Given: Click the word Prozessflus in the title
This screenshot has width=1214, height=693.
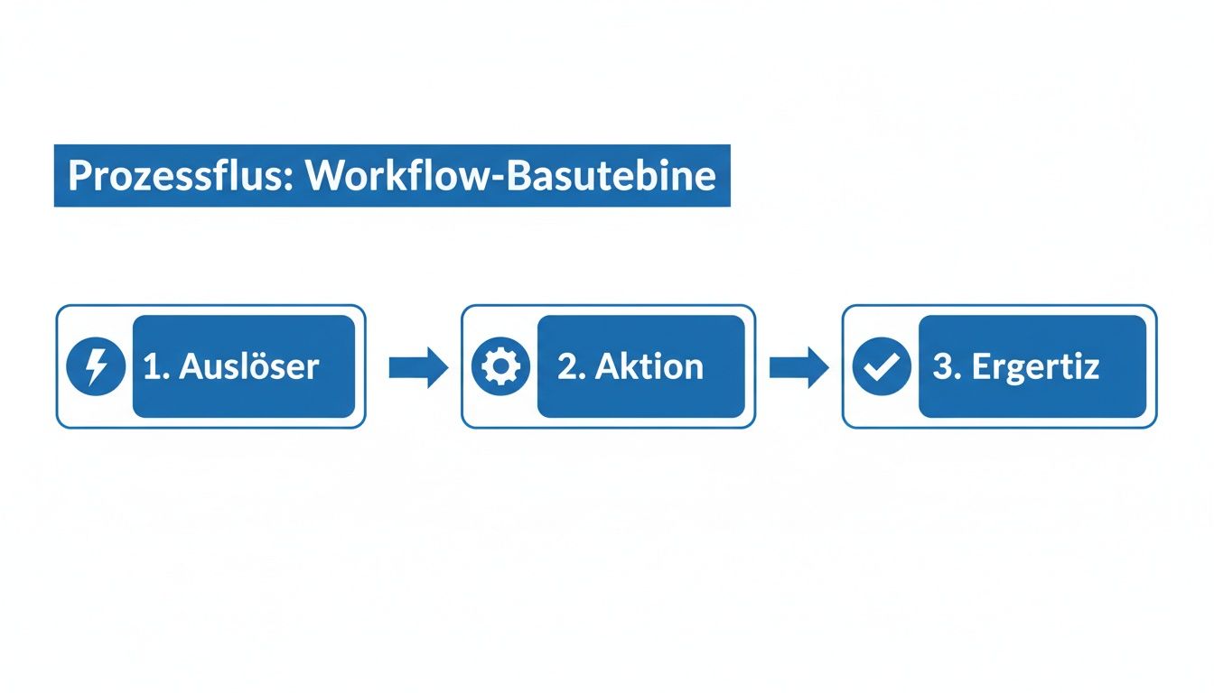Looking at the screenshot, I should [x=177, y=176].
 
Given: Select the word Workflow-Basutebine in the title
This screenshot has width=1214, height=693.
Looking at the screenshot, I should [x=511, y=176].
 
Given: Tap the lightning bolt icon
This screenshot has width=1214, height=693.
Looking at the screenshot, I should [x=96, y=366].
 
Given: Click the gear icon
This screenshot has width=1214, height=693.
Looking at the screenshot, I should [x=500, y=366].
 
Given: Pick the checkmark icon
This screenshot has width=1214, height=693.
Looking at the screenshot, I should [x=882, y=366].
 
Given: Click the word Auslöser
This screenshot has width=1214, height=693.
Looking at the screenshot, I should [x=248, y=366].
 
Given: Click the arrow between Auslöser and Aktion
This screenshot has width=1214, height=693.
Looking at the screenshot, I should [x=418, y=366].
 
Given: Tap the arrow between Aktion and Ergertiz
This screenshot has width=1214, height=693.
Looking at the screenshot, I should [x=798, y=366].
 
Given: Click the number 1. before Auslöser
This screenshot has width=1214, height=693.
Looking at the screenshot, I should [x=156, y=366].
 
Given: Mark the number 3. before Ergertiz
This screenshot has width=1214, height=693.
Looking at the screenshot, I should [x=946, y=366].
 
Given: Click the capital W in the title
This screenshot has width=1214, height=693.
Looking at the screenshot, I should [x=323, y=176].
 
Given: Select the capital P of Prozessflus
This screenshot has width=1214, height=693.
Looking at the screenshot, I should [x=79, y=176].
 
